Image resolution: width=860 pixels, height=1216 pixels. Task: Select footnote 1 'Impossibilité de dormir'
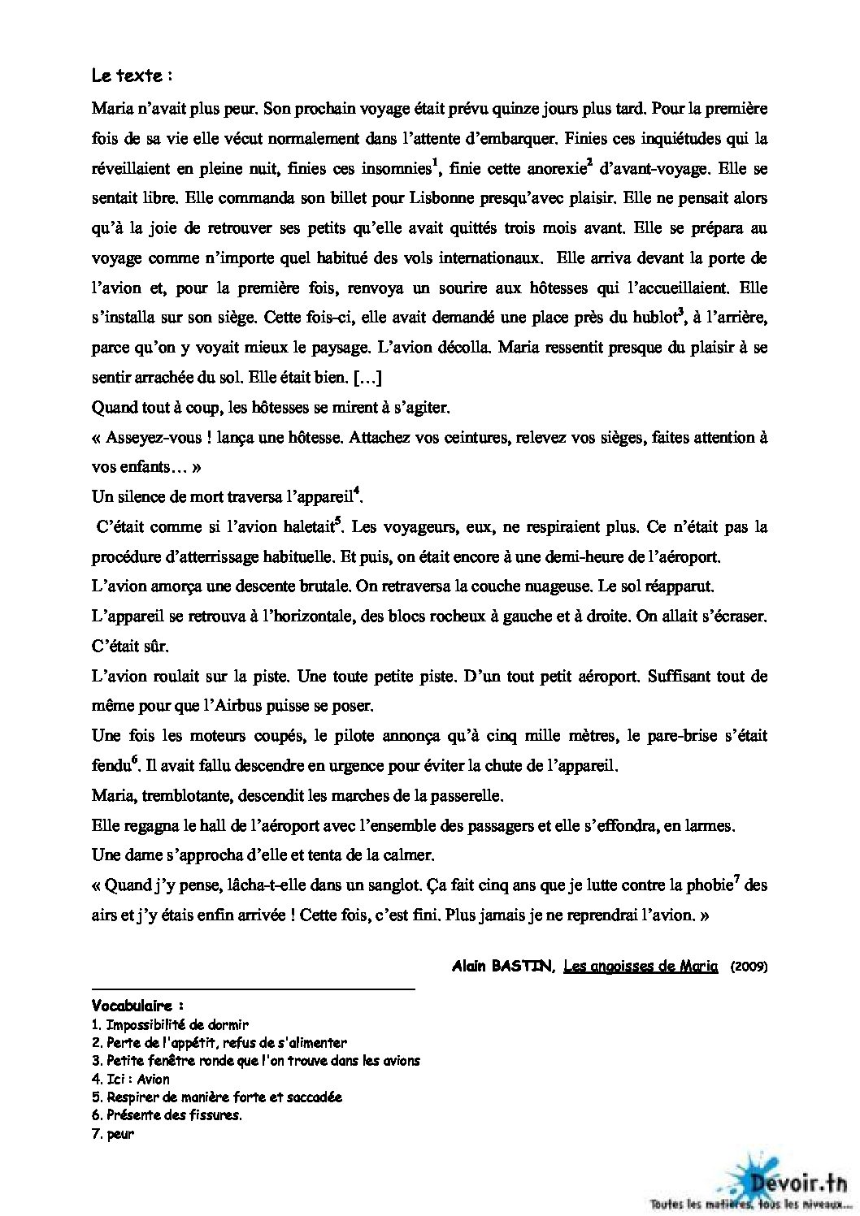pyautogui.click(x=170, y=1024)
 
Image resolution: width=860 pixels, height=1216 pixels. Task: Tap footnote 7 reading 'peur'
pyautogui.click(x=113, y=1134)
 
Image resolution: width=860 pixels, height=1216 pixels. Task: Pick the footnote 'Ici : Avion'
pyautogui.click(x=131, y=1079)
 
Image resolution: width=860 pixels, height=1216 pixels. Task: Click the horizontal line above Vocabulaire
pyautogui.click(x=253, y=989)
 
